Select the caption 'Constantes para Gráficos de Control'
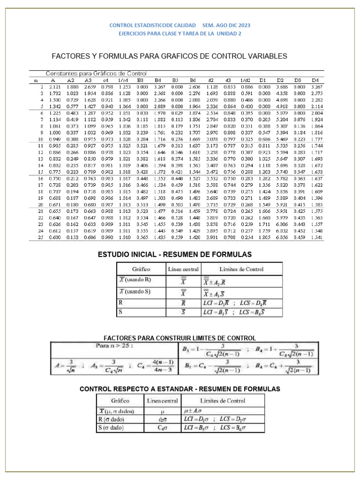pos(96,74)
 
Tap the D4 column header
pos(315,80)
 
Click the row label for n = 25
pos(41,237)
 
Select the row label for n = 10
pos(41,139)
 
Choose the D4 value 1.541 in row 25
pos(316,237)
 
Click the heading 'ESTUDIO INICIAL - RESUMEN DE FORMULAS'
pos(174,255)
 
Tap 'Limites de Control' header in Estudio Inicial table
pos(241,269)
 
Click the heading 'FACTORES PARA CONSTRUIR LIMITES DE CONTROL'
pos(180,338)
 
